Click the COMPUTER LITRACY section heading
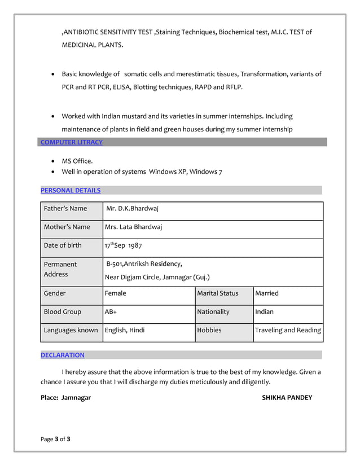point(72,142)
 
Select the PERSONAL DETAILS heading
point(71,191)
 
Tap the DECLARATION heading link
point(63,355)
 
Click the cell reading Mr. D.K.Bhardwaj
point(133,209)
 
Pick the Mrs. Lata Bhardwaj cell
point(133,227)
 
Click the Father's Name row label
point(65,209)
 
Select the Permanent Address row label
point(60,269)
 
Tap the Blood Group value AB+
point(111,311)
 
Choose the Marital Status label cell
point(218,293)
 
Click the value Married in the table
point(267,293)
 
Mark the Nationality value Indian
point(265,311)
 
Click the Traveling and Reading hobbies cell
point(288,330)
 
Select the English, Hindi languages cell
point(125,330)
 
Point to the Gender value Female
point(116,293)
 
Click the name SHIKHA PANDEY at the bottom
point(287,398)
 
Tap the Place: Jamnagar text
point(65,398)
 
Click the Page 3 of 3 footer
point(55,439)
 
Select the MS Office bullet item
point(77,161)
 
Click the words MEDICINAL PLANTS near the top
point(92,44)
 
